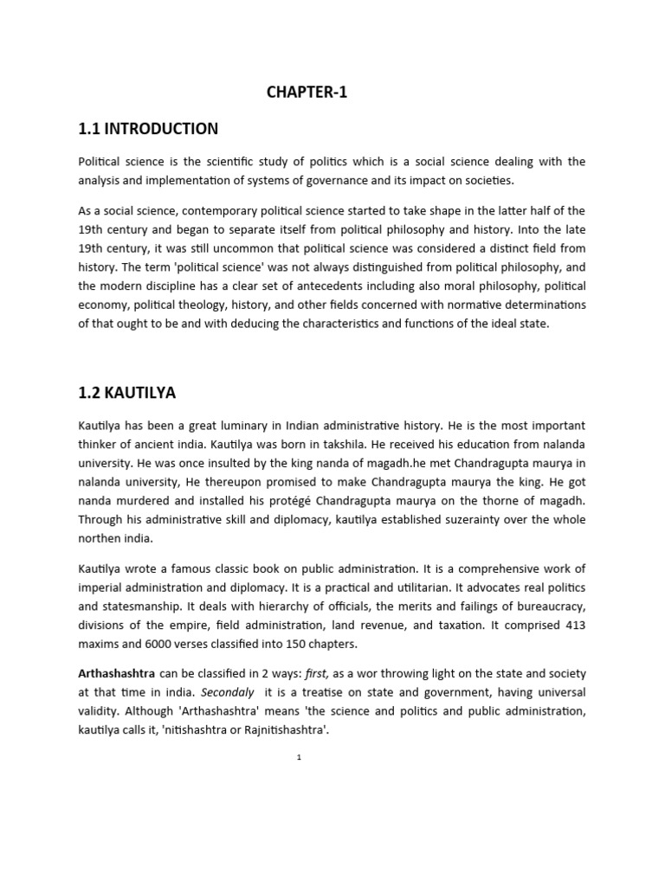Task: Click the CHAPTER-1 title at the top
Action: [307, 93]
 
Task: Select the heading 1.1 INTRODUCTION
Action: [148, 129]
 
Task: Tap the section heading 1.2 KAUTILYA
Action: [126, 393]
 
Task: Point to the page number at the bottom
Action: [298, 756]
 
